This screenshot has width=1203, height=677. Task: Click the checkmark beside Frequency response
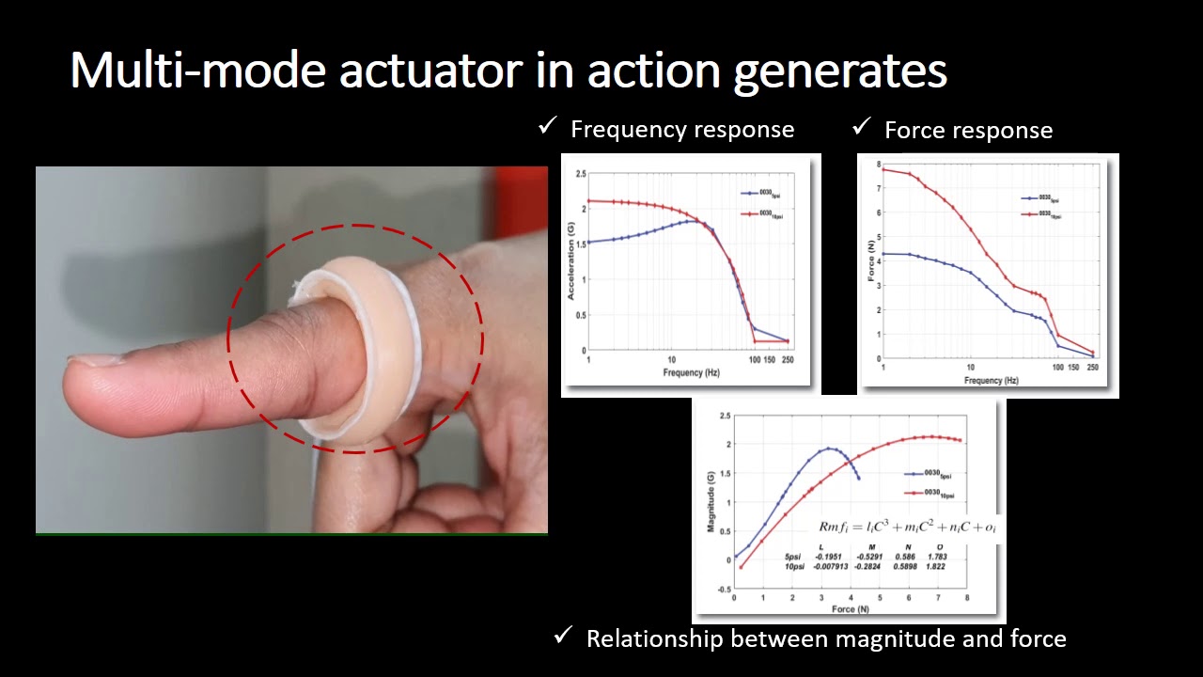(547, 127)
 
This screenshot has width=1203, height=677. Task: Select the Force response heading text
(968, 131)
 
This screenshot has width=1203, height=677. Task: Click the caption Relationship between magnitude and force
(825, 639)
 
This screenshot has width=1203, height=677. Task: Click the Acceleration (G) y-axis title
(570, 261)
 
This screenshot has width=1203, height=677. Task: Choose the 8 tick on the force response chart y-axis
(878, 165)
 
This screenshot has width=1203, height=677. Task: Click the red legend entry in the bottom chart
(931, 493)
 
